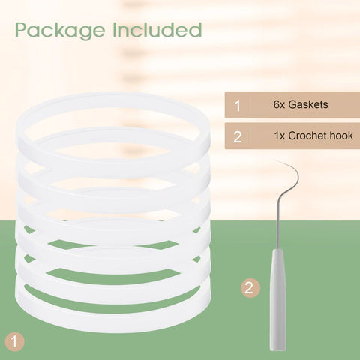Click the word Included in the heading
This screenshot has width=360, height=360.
click(157, 30)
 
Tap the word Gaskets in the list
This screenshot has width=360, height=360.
click(308, 104)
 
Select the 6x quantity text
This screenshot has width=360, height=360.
click(279, 104)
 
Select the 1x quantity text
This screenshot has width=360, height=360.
click(280, 136)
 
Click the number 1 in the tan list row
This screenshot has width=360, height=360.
click(238, 106)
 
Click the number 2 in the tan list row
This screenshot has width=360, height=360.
click(238, 137)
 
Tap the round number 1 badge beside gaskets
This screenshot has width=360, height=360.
click(15, 341)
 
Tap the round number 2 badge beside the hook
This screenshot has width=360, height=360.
click(250, 288)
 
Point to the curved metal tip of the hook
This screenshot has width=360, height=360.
click(295, 172)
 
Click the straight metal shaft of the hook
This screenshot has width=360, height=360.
click(278, 220)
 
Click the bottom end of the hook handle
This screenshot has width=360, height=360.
click(278, 350)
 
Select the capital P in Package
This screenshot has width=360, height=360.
click(20, 30)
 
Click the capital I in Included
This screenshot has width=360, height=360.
click(115, 30)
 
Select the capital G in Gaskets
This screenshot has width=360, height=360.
click(292, 104)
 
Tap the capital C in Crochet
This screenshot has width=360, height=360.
click(292, 136)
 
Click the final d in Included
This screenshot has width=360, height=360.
click(195, 30)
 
